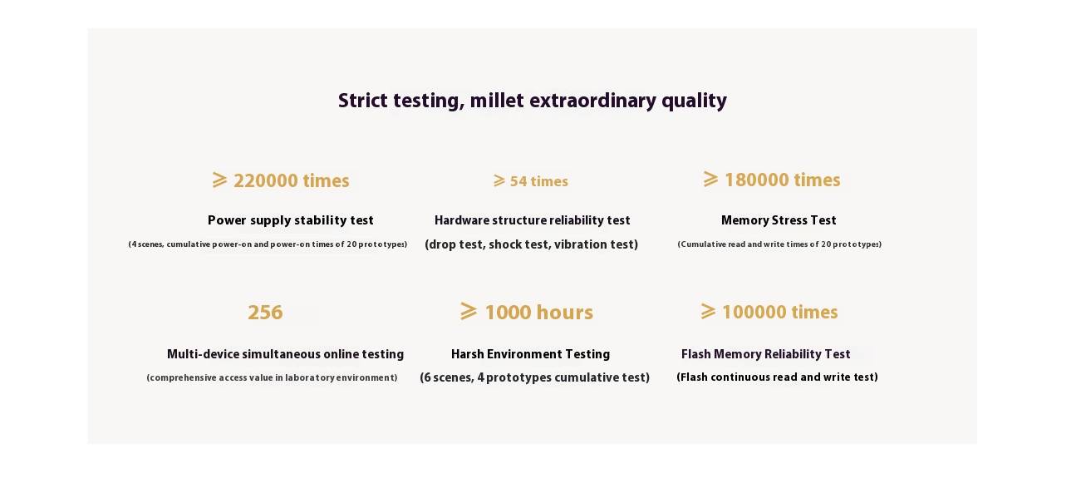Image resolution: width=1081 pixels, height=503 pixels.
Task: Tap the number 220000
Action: [x=265, y=181]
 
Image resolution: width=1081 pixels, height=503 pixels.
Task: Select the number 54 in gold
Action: [x=518, y=181]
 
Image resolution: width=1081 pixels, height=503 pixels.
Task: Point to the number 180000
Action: [x=757, y=180]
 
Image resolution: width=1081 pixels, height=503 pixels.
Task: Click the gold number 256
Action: [x=265, y=313]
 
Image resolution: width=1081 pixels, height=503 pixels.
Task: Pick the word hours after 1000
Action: [x=565, y=313]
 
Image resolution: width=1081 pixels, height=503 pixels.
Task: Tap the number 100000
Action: [x=754, y=313]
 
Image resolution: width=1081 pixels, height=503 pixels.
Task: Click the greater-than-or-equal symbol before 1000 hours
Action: [x=468, y=311]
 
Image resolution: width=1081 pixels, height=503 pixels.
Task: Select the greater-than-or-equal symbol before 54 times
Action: [x=499, y=180]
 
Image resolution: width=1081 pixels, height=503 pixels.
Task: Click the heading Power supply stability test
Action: [x=291, y=220]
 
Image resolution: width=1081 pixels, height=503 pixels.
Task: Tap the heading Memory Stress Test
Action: [x=779, y=220]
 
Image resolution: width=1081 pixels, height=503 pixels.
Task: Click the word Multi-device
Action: [x=203, y=354]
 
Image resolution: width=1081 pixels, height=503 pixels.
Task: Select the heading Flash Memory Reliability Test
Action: [x=765, y=354]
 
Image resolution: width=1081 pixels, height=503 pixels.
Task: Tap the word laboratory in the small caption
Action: [x=309, y=378]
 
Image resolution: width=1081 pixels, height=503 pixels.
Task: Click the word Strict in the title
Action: [x=363, y=101]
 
